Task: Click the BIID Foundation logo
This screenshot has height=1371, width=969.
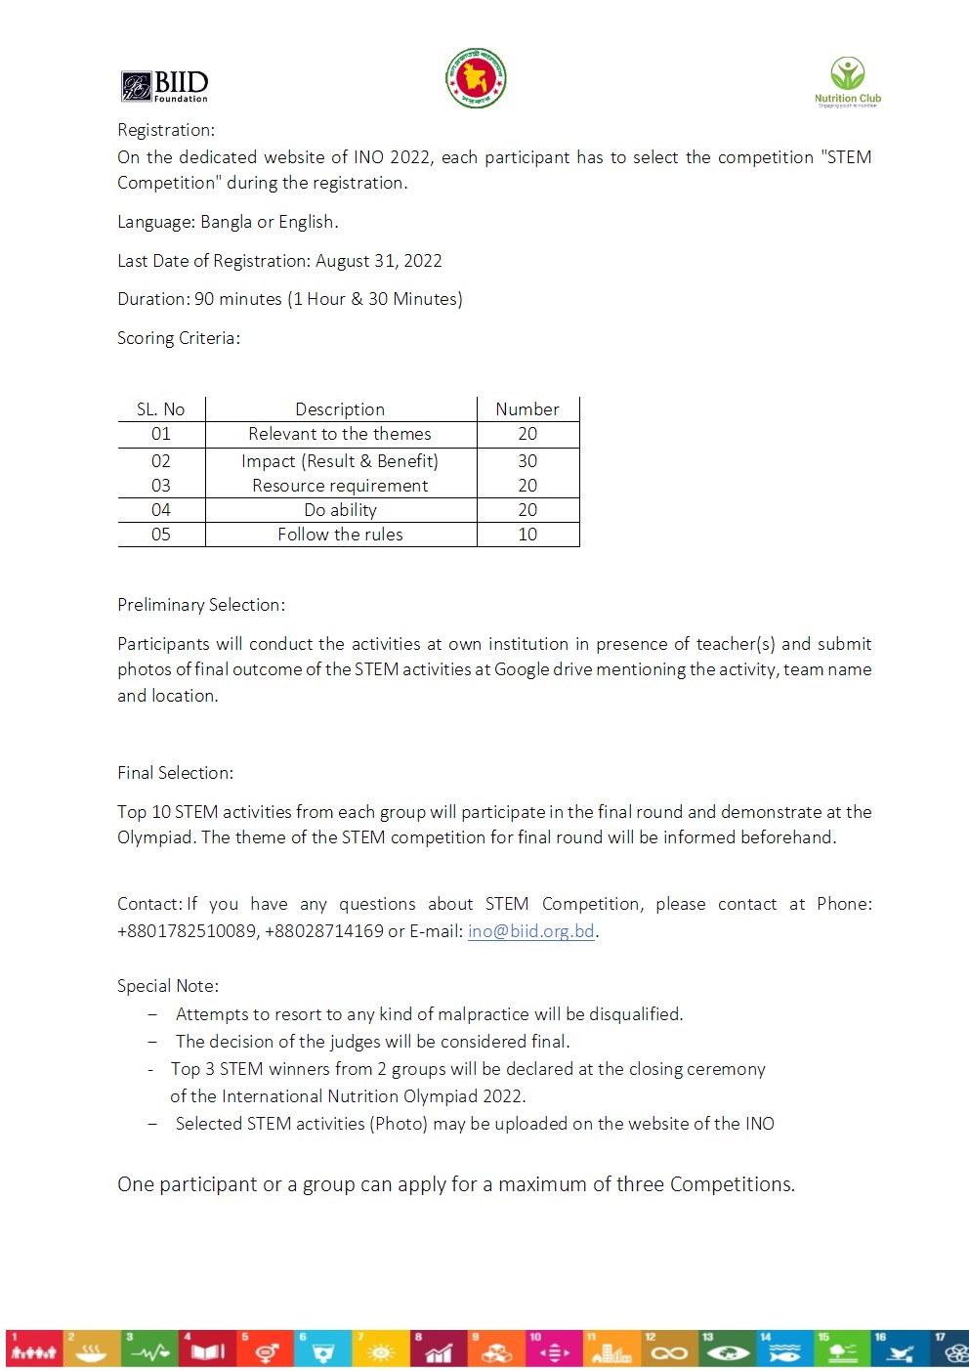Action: [x=164, y=86]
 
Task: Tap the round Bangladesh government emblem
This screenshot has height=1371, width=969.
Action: [x=476, y=78]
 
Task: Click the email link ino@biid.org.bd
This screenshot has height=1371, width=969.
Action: [x=530, y=931]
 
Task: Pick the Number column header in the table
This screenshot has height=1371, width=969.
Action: [x=527, y=409]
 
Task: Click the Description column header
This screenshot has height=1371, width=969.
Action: [x=340, y=409]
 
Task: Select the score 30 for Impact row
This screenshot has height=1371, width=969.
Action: [x=527, y=461]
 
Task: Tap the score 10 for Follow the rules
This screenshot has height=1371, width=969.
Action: [x=527, y=535]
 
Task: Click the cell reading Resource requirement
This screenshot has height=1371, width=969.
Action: [x=340, y=486]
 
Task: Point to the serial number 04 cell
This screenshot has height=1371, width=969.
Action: [x=161, y=510]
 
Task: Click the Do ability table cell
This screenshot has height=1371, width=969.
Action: [x=340, y=510]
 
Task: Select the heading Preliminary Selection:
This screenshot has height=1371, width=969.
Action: [x=201, y=605]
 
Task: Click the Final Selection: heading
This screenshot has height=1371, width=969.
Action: [x=175, y=773]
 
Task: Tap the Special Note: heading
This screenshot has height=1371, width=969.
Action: [x=168, y=986]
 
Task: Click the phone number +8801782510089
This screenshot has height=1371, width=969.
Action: [x=187, y=931]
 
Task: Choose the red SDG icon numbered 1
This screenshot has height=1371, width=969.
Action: [x=34, y=1348]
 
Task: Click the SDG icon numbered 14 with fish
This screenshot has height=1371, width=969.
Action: [x=784, y=1348]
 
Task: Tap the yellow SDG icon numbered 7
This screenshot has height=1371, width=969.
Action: [x=380, y=1348]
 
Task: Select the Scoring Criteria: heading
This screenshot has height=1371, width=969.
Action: [x=179, y=338]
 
